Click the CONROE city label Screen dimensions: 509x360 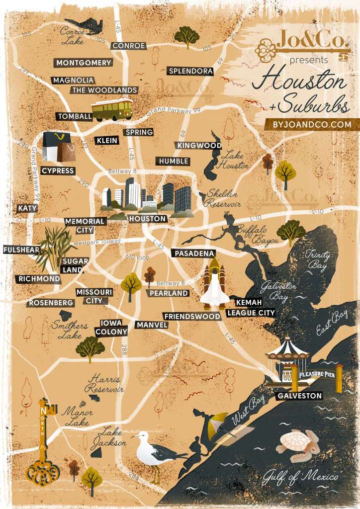coord(129,46)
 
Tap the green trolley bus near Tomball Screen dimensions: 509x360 coord(112,109)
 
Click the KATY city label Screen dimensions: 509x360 coord(27,208)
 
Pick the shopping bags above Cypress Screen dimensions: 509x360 coord(59,147)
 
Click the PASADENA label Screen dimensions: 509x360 coord(193,253)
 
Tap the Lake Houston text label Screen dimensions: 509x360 coord(235,160)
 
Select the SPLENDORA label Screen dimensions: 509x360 coord(190,71)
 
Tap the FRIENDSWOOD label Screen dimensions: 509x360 coord(192,316)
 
